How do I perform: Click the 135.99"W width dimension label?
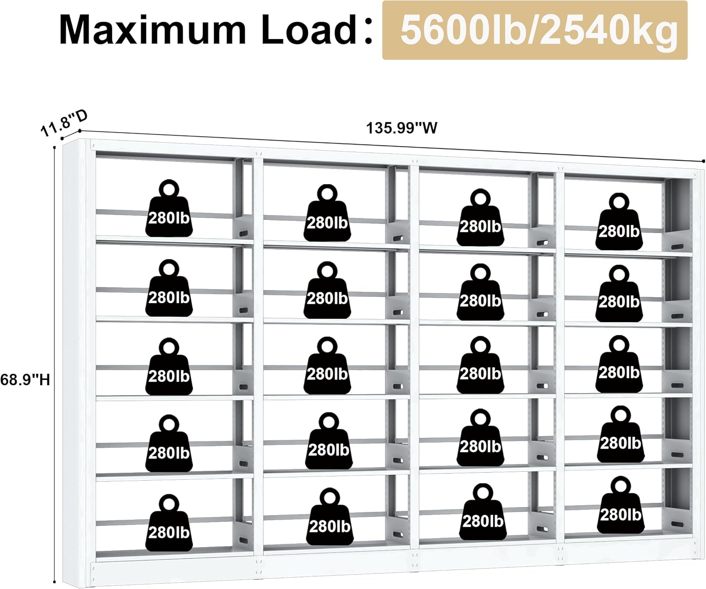pyautogui.click(x=401, y=128)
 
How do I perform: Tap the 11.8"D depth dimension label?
pyautogui.click(x=64, y=122)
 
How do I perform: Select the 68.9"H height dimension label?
pyautogui.click(x=25, y=379)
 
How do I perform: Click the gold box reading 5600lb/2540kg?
pyautogui.click(x=535, y=31)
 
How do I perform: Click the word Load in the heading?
pyautogui.click(x=309, y=30)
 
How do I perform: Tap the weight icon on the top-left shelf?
pyautogui.click(x=169, y=212)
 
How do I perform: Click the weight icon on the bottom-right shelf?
pyautogui.click(x=620, y=508)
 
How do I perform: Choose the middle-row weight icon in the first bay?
pyautogui.click(x=169, y=370)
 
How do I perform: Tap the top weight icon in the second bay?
pyautogui.click(x=327, y=217)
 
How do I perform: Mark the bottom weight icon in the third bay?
pyautogui.click(x=482, y=515)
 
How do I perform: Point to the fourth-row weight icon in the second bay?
pyautogui.click(x=328, y=444)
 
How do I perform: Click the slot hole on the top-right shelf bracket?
pyautogui.click(x=677, y=247)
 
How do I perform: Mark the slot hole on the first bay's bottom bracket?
pyautogui.click(x=243, y=540)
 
